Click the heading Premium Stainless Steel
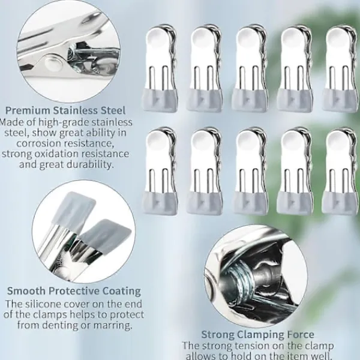tap(65, 110)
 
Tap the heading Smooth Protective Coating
tap(74, 291)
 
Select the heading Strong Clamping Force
tap(257, 334)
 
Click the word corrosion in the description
tap(40, 143)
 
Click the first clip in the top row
tap(160, 68)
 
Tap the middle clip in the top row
tap(250, 68)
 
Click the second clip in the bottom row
tap(205, 171)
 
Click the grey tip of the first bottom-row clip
tap(160, 203)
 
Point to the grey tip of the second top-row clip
tap(205, 100)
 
